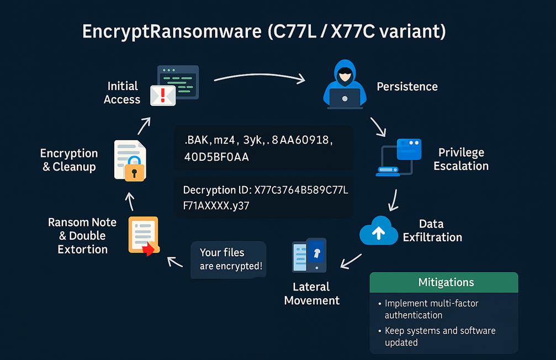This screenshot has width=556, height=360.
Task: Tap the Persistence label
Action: pos(407,87)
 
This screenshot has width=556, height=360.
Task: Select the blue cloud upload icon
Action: pos(379,232)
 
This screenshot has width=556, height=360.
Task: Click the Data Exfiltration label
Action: pos(432,231)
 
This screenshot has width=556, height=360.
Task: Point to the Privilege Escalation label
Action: pos(461,159)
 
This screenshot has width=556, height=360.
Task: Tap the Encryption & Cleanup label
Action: pos(69,160)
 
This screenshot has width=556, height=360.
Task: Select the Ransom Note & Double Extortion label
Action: pos(82,236)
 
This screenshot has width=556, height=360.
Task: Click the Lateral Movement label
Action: pos(311,294)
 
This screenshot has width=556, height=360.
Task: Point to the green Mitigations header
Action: pos(446,282)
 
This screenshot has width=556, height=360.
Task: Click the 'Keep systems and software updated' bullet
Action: pos(439,336)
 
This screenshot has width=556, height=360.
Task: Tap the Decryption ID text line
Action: pos(265,190)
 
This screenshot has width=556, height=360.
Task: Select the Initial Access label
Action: pos(122,93)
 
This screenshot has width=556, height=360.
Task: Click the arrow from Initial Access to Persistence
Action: pos(259,76)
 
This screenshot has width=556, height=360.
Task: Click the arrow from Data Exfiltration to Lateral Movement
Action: pos(351,261)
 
